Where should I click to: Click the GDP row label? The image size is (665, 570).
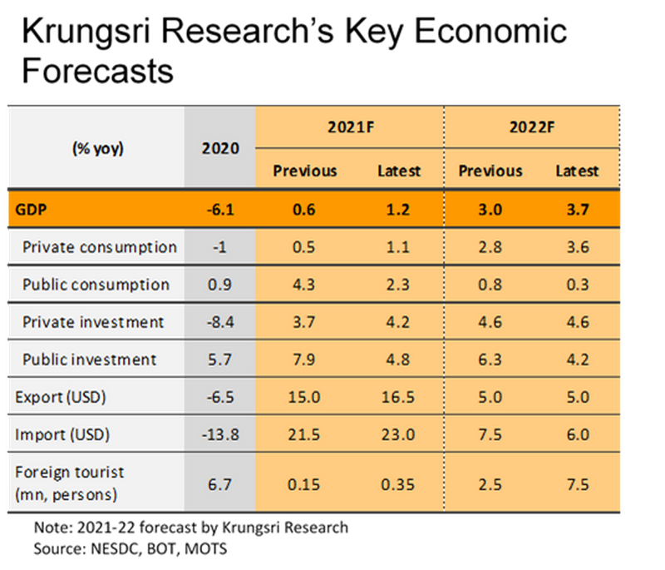(x=32, y=210)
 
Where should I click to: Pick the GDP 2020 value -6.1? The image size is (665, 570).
(x=220, y=210)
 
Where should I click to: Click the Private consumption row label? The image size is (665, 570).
(x=99, y=247)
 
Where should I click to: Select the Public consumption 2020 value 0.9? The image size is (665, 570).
(x=220, y=285)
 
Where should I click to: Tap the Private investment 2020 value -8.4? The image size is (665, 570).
(x=220, y=322)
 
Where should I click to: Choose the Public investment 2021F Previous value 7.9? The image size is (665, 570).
(x=305, y=359)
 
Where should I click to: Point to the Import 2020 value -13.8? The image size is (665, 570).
(x=220, y=434)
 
